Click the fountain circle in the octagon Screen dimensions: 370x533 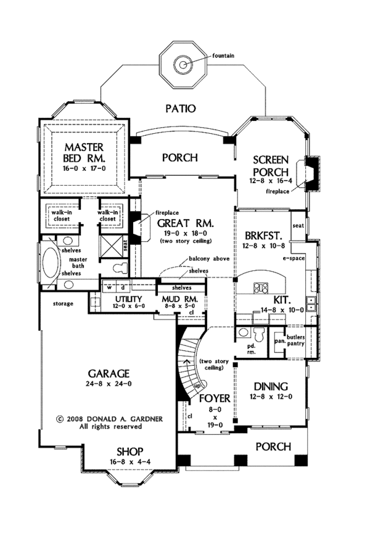[183, 64]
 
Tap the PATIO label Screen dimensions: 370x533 [181, 109]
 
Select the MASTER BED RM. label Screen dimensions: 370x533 [84, 152]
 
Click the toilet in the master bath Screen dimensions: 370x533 [120, 268]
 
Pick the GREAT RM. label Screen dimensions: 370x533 [181, 223]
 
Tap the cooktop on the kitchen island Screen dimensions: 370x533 [260, 287]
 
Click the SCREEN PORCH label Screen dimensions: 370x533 [271, 165]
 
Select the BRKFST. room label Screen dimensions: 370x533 [264, 236]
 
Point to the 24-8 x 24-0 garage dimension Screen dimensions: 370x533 [109, 384]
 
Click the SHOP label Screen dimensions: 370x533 [129, 452]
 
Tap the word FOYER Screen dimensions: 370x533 [215, 399]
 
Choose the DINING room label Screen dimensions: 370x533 [271, 387]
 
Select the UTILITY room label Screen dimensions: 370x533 [128, 299]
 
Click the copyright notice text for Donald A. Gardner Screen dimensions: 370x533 [109, 423]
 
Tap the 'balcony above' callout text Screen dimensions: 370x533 [209, 258]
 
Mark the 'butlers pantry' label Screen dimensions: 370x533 [295, 341]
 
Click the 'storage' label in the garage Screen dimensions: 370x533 [63, 304]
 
